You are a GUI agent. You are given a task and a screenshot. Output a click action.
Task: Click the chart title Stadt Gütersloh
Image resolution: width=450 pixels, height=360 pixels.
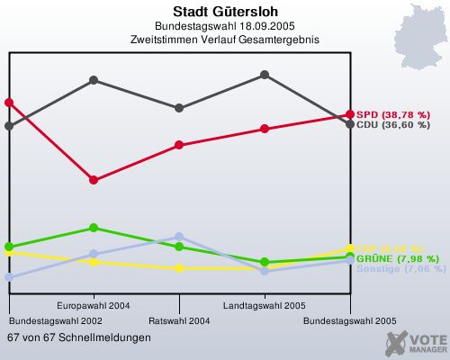[224, 12]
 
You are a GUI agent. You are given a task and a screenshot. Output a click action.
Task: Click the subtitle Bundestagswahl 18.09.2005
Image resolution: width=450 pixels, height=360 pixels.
[224, 26]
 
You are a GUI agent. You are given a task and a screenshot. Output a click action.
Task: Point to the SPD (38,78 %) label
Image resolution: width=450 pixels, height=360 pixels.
[393, 114]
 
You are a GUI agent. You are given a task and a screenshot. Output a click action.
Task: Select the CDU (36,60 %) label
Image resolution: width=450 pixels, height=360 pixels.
[393, 125]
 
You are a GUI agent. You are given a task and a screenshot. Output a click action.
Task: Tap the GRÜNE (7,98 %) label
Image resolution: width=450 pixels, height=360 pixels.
[395, 258]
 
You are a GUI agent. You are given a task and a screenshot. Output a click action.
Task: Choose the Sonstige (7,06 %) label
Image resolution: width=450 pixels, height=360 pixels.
[400, 268]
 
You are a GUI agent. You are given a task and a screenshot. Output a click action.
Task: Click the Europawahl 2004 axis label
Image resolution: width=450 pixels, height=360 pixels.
[94, 305]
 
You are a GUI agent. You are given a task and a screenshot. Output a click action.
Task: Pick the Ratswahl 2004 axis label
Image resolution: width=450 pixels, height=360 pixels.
[179, 320]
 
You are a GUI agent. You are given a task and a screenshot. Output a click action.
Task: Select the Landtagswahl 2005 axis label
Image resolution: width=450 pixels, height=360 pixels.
[265, 305]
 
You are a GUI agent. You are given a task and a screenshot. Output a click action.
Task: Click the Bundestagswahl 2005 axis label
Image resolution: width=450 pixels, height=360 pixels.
[349, 320]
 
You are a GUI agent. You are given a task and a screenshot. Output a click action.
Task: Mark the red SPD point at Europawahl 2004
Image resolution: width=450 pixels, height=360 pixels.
[94, 180]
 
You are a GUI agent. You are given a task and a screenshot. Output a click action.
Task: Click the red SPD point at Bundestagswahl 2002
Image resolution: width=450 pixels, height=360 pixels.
[9, 103]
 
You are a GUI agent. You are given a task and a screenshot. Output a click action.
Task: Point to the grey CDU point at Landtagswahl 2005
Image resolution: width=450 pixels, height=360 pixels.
[265, 75]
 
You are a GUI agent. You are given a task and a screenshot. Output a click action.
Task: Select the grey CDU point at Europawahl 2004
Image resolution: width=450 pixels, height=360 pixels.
[94, 80]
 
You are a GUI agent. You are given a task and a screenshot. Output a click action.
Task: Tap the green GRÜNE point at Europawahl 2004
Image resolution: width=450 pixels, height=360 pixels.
[94, 228]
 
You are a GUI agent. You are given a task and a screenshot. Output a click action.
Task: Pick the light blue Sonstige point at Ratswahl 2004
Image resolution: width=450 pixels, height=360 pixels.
[179, 237]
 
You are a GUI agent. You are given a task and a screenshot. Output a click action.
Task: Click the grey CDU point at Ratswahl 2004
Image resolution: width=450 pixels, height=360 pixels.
[179, 108]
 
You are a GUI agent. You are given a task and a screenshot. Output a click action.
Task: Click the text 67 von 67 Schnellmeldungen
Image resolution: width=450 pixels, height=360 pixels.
[79, 337]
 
